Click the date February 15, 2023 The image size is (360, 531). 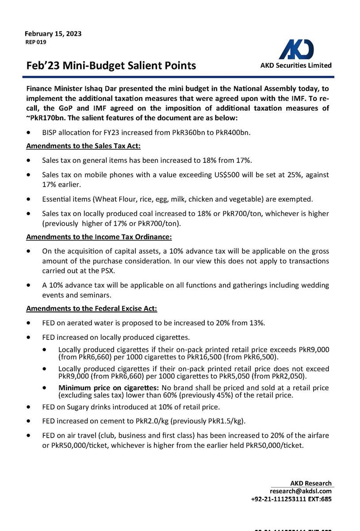pyautogui.click(x=53, y=34)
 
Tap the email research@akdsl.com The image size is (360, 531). pyautogui.click(x=301, y=491)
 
